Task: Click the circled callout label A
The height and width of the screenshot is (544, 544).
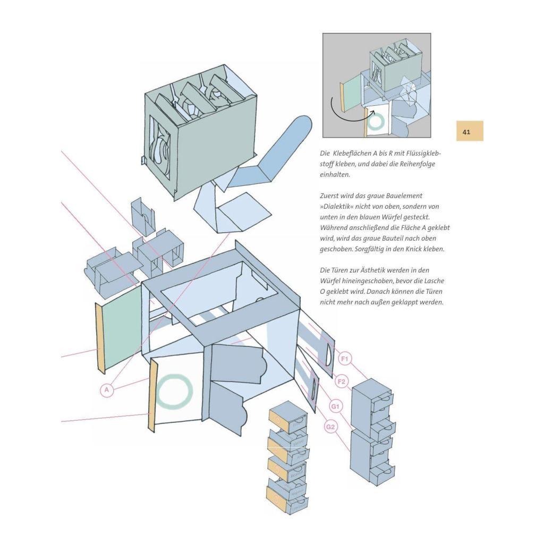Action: tap(107, 390)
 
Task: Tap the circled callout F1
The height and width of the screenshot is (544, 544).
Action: tap(345, 360)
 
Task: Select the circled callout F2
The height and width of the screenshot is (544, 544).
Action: tap(342, 381)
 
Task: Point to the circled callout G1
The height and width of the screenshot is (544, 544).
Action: tap(336, 406)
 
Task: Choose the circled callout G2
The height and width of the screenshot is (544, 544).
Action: tap(331, 426)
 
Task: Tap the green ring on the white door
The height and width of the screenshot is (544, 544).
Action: tap(174, 392)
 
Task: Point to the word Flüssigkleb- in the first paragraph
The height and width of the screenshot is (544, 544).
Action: tap(422, 154)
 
